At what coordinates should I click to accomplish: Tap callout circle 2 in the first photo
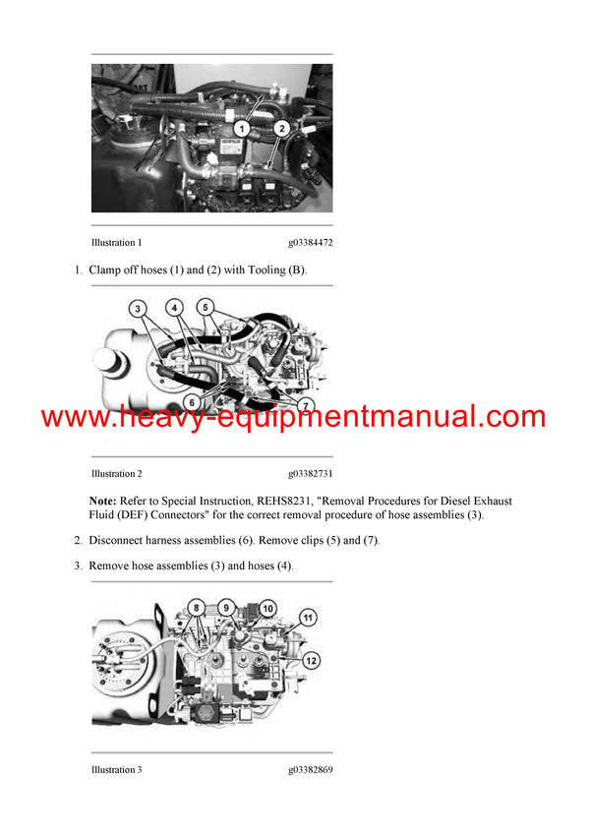pyautogui.click(x=280, y=128)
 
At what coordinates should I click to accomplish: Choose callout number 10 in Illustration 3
pyautogui.click(x=267, y=609)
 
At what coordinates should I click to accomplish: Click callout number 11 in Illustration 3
pyautogui.click(x=307, y=619)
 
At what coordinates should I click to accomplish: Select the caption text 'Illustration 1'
pyautogui.click(x=116, y=242)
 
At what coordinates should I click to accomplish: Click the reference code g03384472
pyautogui.click(x=310, y=242)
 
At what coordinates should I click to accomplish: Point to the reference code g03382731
pyautogui.click(x=310, y=473)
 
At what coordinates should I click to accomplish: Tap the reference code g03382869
pyautogui.click(x=310, y=769)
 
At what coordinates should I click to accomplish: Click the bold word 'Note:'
pyautogui.click(x=102, y=501)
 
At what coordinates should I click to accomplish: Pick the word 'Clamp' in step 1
pyautogui.click(x=107, y=269)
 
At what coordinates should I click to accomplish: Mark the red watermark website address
pyautogui.click(x=293, y=417)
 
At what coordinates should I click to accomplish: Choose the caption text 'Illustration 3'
pyautogui.click(x=116, y=769)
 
